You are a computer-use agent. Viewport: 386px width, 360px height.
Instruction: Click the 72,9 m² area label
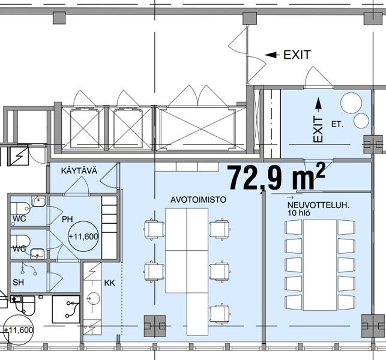pyautogui.click(x=277, y=177)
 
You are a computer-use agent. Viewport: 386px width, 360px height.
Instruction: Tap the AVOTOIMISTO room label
pyautogui.click(x=198, y=200)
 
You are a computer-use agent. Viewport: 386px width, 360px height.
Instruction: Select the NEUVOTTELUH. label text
pyautogui.click(x=318, y=205)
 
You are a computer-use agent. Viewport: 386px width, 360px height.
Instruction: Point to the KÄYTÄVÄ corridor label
pyautogui.click(x=79, y=170)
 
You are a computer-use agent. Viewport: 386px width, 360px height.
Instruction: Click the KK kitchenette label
pyautogui.click(x=109, y=283)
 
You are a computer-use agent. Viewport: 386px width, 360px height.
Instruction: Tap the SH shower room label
pyautogui.click(x=18, y=282)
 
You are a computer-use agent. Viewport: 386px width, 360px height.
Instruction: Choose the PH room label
pyautogui.click(x=67, y=219)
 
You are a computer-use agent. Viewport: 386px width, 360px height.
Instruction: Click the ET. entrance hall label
pyautogui.click(x=337, y=125)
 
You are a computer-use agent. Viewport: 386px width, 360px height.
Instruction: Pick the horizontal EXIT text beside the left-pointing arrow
pyautogui.click(x=297, y=55)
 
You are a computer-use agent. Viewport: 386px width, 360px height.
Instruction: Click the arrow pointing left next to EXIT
pyautogui.click(x=272, y=55)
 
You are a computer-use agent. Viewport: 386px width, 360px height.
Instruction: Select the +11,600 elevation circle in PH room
pyautogui.click(x=83, y=236)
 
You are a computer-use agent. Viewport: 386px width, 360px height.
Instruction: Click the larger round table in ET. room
pyautogui.click(x=351, y=103)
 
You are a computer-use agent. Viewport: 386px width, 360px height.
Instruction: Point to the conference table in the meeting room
pyautogui.click(x=320, y=265)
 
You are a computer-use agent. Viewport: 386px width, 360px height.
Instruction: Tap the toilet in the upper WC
pyautogui.click(x=20, y=208)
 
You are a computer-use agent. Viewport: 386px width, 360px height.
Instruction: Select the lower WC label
pyautogui.click(x=19, y=249)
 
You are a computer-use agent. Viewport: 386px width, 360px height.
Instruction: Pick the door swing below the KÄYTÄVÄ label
pyautogui.click(x=77, y=186)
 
